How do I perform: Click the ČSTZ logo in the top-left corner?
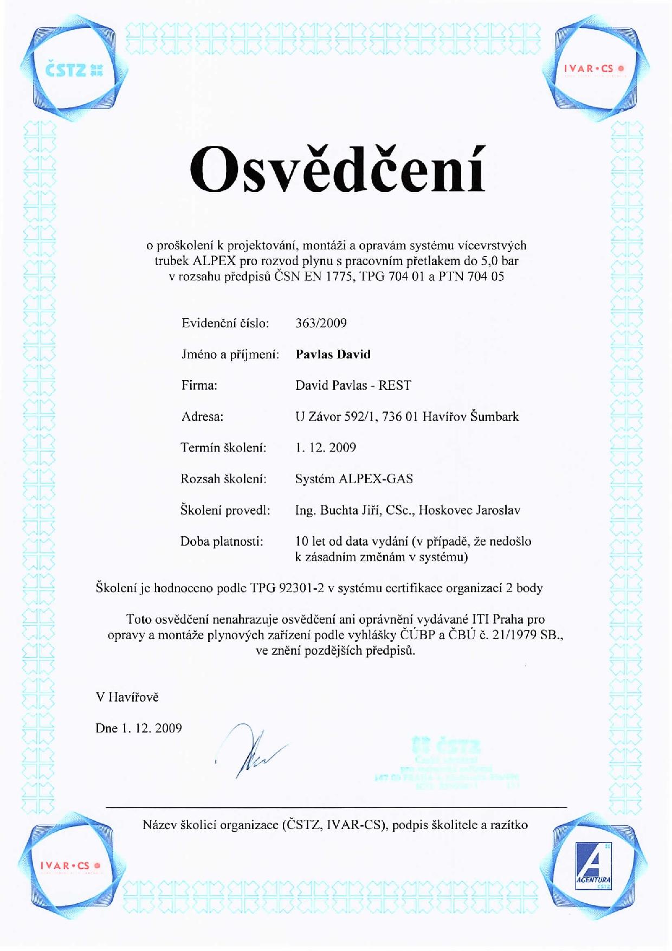click(x=74, y=69)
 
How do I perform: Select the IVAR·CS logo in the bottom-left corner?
click(x=70, y=866)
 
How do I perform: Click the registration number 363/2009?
click(x=321, y=323)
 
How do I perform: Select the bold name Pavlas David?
click(x=333, y=355)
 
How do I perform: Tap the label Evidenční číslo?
click(x=225, y=323)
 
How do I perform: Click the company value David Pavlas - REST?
click(x=353, y=385)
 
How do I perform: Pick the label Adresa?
click(x=202, y=417)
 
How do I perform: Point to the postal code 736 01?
click(x=400, y=417)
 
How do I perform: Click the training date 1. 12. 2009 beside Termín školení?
click(x=325, y=448)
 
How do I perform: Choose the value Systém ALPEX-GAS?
click(x=354, y=479)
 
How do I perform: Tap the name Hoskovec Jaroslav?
click(x=469, y=510)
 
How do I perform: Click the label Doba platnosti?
click(x=222, y=542)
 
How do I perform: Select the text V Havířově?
click(x=127, y=697)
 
